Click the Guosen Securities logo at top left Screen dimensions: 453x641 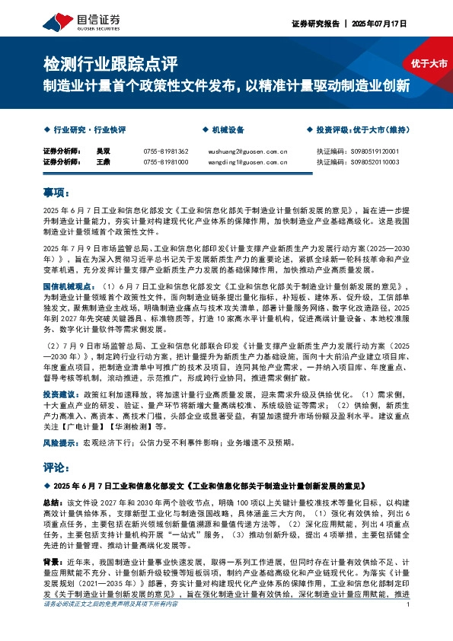click(x=75, y=21)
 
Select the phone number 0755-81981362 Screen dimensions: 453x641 click(x=165, y=151)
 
